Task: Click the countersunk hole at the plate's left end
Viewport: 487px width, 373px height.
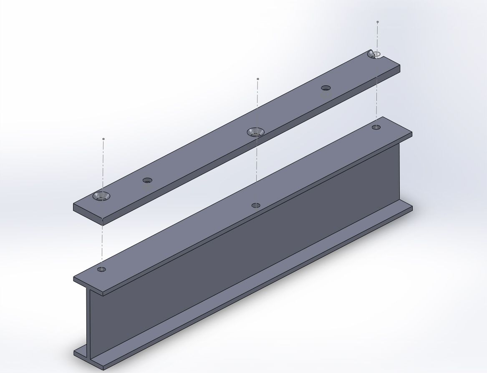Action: pos(101,196)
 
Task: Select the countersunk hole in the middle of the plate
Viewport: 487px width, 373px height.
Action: pos(256,132)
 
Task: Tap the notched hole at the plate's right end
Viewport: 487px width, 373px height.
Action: pos(375,54)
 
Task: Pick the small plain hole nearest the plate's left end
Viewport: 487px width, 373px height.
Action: pos(147,180)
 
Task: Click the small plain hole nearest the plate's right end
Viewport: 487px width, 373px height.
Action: pos(326,88)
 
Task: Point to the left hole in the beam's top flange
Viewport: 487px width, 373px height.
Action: pos(101,269)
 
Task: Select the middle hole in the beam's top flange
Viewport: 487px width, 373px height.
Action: pos(256,205)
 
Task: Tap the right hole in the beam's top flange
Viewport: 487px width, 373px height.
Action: pos(376,127)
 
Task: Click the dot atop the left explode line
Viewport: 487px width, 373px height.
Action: pos(103,139)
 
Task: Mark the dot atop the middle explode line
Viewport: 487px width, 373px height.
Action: pos(258,79)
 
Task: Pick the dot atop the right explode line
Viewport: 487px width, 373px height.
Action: pos(378,22)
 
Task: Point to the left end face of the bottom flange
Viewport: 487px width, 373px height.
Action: pos(82,353)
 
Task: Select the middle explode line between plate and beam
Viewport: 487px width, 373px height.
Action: pos(256,167)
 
